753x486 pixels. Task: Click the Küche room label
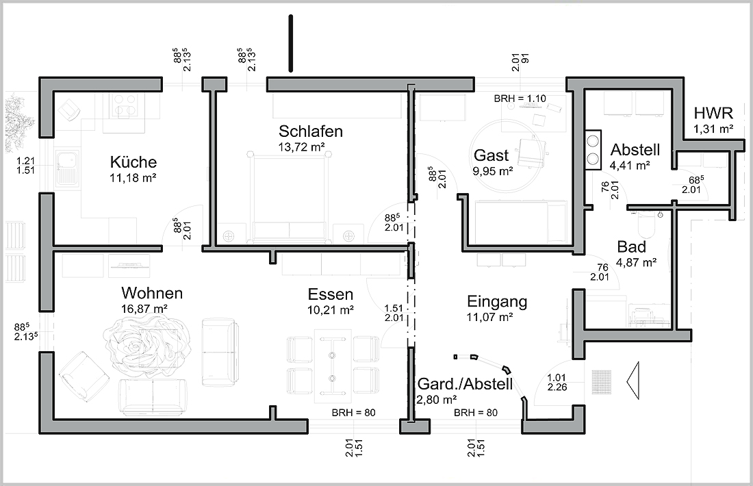133,162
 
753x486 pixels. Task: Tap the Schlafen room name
311,131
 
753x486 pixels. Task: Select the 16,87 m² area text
144,308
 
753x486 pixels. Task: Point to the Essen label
331,294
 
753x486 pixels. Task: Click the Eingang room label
497,302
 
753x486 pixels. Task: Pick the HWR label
713,114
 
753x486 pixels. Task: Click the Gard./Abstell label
465,384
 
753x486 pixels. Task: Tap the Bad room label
632,247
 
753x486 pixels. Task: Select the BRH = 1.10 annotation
520,99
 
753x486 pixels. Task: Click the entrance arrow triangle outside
633,381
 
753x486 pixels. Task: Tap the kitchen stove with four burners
125,106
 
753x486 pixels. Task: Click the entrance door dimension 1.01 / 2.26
557,382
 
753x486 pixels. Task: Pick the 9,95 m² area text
493,170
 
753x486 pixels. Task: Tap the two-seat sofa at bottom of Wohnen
153,397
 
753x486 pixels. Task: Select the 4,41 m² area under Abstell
630,166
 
